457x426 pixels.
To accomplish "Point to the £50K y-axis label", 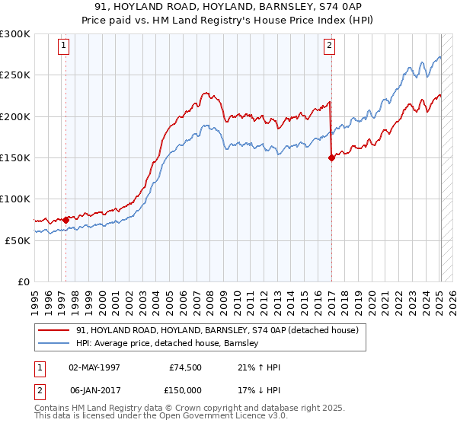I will pos(18,240).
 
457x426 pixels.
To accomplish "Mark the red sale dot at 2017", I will pos(331,158).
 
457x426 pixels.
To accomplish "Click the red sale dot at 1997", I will pos(66,220).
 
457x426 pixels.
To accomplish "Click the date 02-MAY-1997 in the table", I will pos(95,368).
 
